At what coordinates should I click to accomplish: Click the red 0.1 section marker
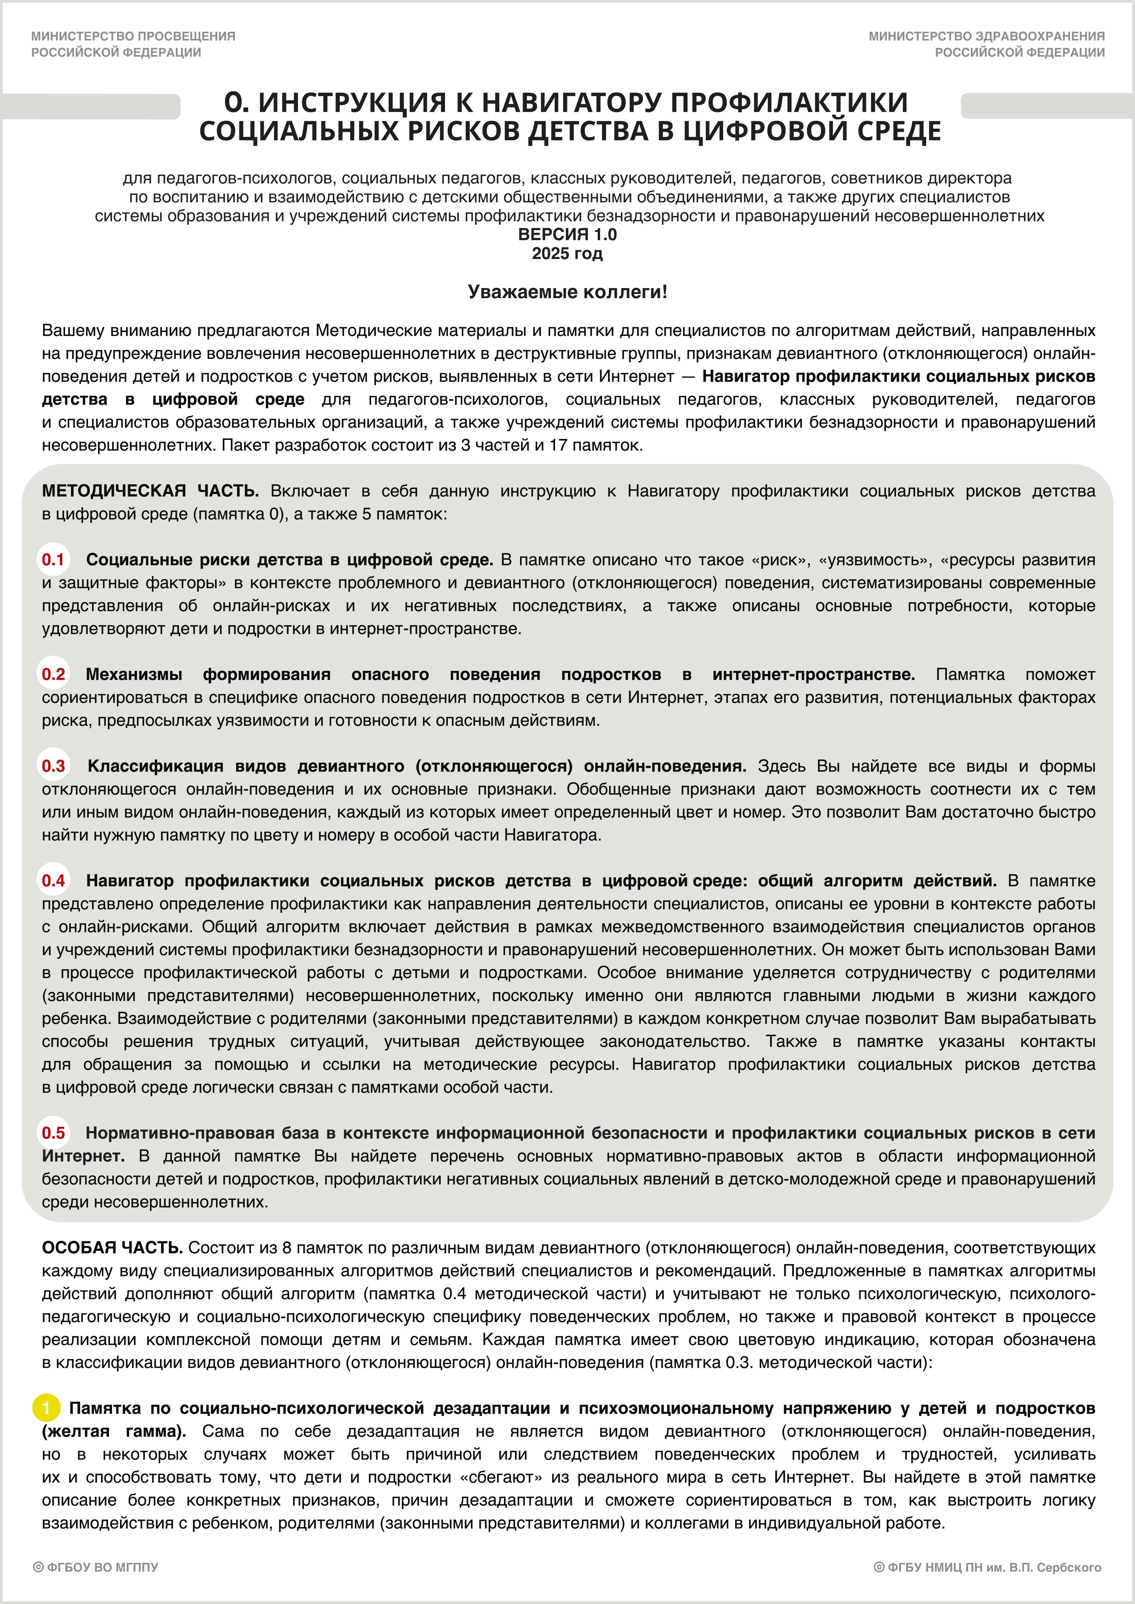click(x=53, y=560)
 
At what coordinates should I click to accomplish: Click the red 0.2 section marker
click(x=53, y=674)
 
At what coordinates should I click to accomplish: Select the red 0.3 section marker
click(x=53, y=766)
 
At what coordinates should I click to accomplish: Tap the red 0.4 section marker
click(x=53, y=880)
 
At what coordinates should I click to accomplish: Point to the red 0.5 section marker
click(x=53, y=1132)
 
